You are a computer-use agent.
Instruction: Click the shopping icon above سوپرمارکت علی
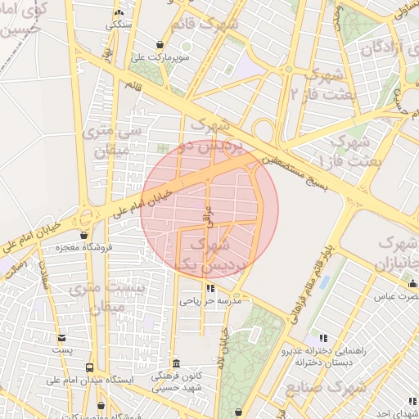[x=160, y=44]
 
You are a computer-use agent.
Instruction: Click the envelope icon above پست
[x=62, y=337]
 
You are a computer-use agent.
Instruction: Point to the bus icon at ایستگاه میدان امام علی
[x=89, y=367]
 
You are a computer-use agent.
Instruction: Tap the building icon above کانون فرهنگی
[x=176, y=363]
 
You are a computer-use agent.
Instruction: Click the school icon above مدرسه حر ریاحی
[x=211, y=288]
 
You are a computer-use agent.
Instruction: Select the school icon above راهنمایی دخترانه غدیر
[x=323, y=337]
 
